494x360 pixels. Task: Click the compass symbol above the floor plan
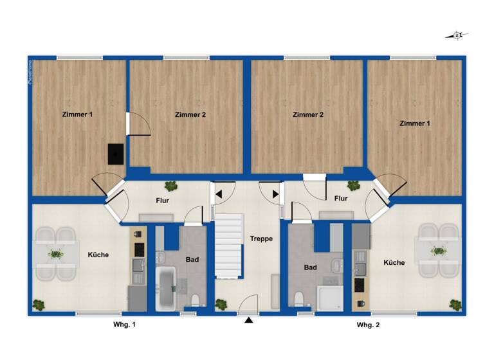(457, 36)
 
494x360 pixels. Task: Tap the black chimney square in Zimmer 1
(116, 154)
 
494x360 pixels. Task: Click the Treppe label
(262, 239)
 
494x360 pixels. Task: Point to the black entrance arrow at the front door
(248, 319)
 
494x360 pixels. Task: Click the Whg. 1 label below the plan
(123, 326)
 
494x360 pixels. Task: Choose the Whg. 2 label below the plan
(369, 326)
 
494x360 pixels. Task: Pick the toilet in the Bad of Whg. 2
(298, 298)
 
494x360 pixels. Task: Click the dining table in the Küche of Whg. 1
(55, 255)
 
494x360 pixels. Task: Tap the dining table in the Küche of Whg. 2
(439, 251)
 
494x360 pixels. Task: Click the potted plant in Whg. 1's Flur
(171, 186)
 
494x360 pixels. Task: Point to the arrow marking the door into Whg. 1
(219, 194)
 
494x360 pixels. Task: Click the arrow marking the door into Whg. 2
(275, 194)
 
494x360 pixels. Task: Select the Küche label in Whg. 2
(394, 263)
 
